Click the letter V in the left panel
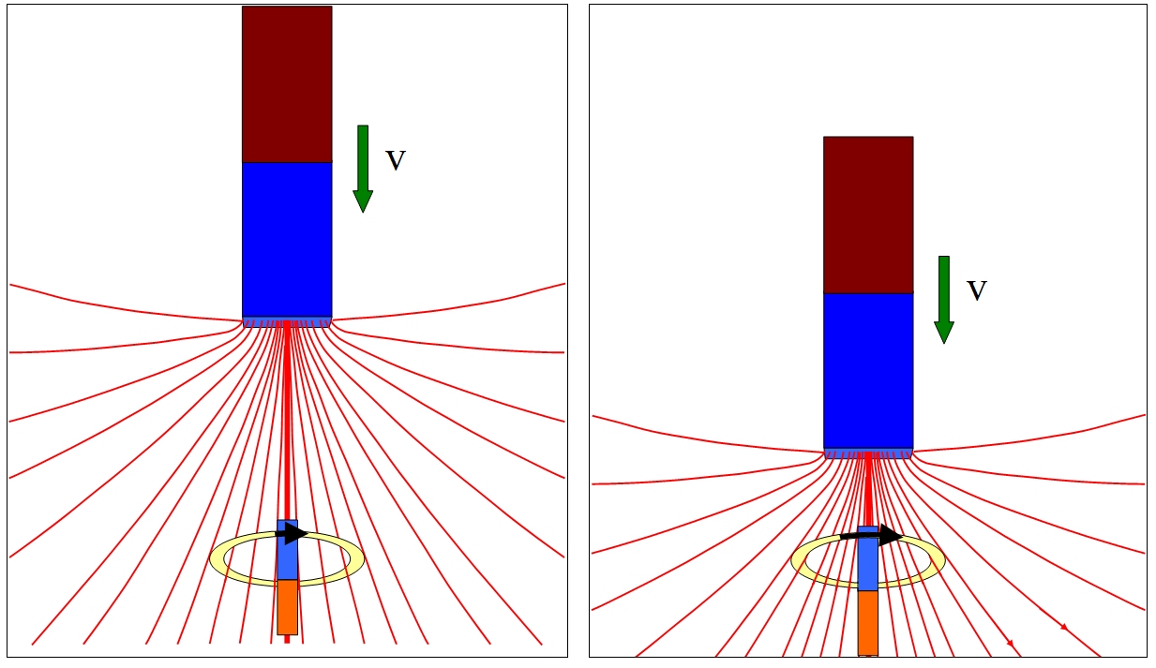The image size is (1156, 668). coord(396,160)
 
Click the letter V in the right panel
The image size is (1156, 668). coord(977,290)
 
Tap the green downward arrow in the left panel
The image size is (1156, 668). coord(363,169)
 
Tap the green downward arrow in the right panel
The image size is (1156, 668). coord(944,300)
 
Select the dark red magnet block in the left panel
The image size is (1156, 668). coord(287,84)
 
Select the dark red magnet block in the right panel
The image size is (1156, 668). coord(868,215)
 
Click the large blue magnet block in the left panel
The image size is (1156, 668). coord(287,239)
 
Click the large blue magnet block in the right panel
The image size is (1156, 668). coord(868,370)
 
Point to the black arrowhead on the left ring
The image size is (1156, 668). coord(295,533)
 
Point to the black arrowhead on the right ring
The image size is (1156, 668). coord(891,535)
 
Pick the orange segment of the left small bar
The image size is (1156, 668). coord(288,607)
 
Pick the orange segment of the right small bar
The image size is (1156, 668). coord(868,623)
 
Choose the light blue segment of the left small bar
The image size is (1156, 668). coord(288,550)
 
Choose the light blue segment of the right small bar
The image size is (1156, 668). coord(868,558)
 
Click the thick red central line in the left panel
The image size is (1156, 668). coord(288,421)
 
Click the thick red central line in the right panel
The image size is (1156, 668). coord(868,489)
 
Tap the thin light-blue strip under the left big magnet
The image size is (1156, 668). coord(287,322)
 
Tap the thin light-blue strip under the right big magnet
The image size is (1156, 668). coord(868,453)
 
